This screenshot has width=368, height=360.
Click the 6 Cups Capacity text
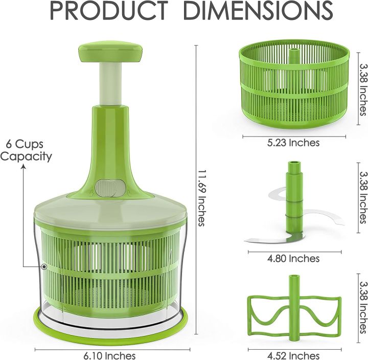point(26,150)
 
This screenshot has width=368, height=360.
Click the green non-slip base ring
point(111,325)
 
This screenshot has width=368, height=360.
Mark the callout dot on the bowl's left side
point(44,266)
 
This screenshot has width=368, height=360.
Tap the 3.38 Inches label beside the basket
point(362,89)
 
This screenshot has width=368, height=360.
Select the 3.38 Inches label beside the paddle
point(362,307)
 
